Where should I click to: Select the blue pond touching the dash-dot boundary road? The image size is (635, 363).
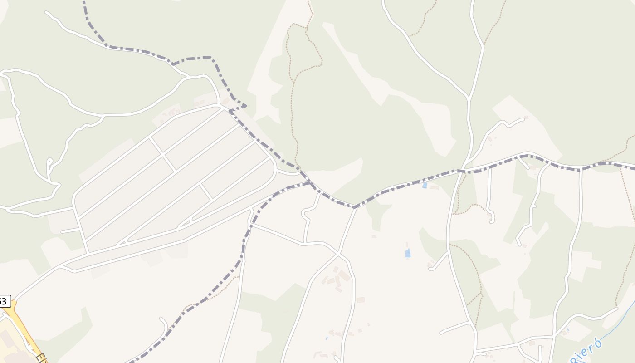point(425,185)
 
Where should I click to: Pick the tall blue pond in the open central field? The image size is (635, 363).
point(408,253)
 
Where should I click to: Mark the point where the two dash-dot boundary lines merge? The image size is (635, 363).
point(310,182)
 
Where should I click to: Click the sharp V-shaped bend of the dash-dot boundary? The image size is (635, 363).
point(354,207)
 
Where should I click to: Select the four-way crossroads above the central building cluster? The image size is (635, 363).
point(338,253)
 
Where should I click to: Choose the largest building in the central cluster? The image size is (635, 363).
point(343,275)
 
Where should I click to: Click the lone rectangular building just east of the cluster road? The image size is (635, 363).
point(361,300)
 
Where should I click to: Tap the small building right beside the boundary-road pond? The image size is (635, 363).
point(435,187)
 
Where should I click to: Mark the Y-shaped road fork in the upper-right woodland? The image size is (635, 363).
point(468,98)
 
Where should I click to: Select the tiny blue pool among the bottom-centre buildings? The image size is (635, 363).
point(327,338)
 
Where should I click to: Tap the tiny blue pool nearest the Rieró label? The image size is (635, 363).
point(567,330)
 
